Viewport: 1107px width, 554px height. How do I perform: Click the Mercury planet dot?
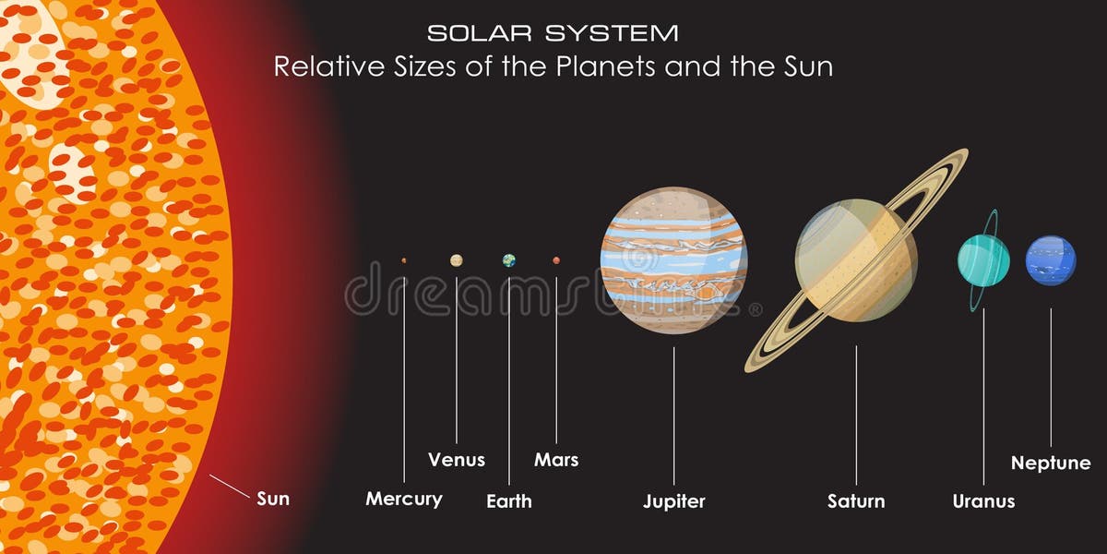coord(404,261)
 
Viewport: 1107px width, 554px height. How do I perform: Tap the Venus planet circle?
coord(456,260)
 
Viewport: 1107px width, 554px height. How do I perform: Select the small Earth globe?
coord(509,260)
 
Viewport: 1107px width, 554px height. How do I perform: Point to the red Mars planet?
coord(556,260)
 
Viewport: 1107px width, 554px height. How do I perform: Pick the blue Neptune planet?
coord(1051,260)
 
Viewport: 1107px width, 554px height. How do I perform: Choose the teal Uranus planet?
coord(983,259)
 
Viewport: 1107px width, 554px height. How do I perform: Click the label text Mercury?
coord(404,500)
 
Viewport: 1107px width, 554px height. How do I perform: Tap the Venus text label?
coord(456,460)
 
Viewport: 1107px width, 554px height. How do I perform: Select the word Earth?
coord(509,501)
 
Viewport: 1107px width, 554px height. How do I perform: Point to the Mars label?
coord(556,460)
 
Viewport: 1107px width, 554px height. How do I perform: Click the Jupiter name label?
coord(673,501)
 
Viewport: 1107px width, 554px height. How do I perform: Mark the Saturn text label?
coord(856,501)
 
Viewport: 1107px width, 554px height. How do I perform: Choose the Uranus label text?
coord(983,501)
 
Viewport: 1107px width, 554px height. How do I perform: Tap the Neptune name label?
coord(1051,464)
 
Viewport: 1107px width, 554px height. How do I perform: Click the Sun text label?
coord(273,499)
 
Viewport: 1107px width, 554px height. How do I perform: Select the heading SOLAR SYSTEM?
coord(553,33)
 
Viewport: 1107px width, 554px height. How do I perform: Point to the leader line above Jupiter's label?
coord(673,415)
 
